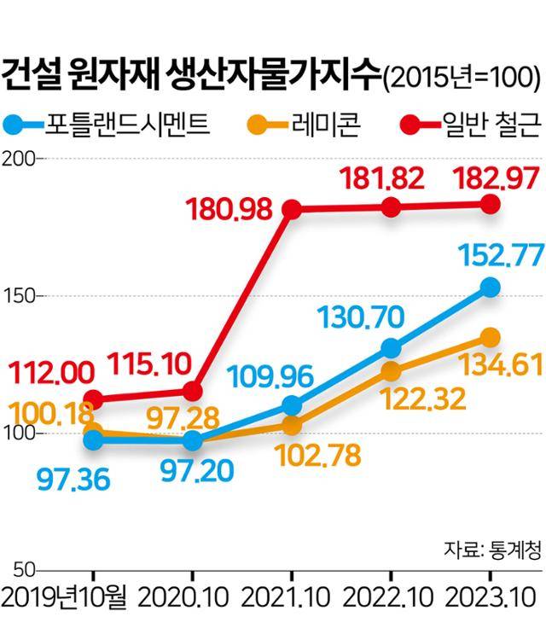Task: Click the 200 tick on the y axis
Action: [18, 159]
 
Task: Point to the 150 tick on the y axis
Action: [18, 296]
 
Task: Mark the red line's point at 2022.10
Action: [391, 207]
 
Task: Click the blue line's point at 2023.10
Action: [490, 288]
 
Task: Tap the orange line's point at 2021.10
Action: [292, 425]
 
